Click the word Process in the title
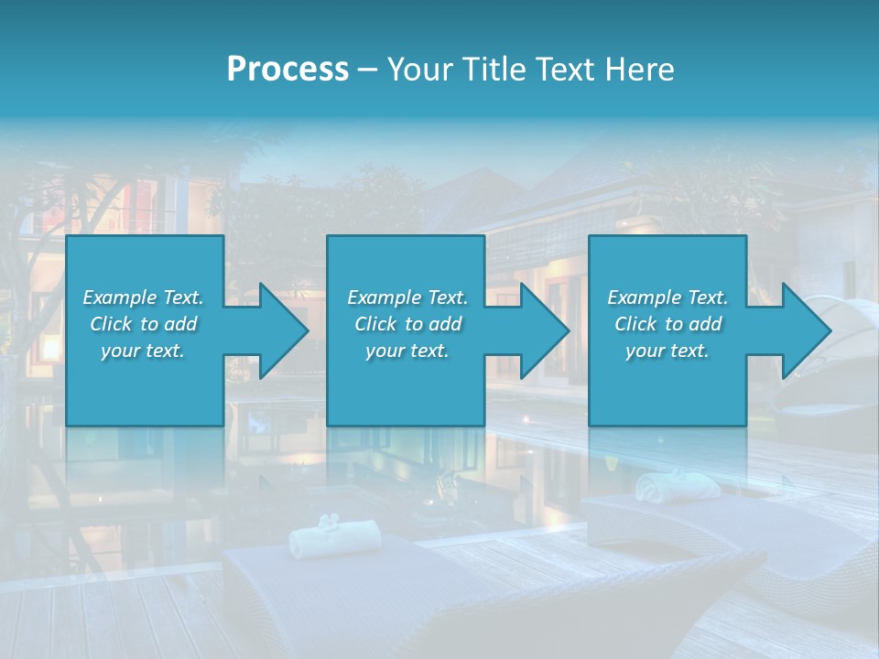coord(288,70)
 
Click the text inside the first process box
coord(143,324)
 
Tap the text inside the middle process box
coord(407,324)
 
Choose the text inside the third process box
coord(667,324)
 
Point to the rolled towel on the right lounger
coord(678,484)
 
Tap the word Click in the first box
coord(112,324)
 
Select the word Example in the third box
coord(644,297)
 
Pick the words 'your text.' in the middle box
coord(407,351)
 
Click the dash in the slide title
coord(367,70)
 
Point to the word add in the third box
coord(705,324)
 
